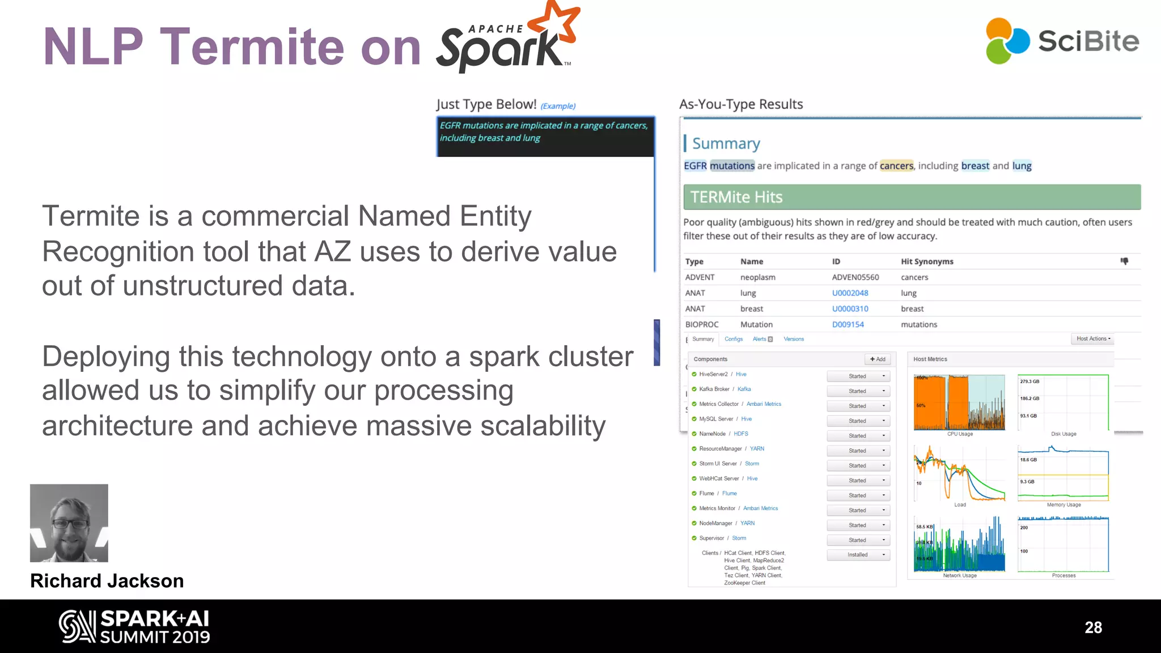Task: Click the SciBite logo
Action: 1062,41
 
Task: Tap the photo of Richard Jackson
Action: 69,523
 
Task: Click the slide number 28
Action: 1093,627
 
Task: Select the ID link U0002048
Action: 850,293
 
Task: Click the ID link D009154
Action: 848,325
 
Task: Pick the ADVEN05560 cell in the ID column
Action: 855,277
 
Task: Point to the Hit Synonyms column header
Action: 927,261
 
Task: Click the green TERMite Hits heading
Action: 912,197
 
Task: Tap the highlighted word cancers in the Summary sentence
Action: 896,166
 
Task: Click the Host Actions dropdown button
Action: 1093,339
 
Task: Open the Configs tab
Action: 734,339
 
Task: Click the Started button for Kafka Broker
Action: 858,391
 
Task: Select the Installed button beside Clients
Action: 858,555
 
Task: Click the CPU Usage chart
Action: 959,402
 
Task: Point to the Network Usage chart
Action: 959,544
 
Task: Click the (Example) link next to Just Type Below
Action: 558,106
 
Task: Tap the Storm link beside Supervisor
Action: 739,538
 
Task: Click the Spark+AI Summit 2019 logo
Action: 135,626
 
